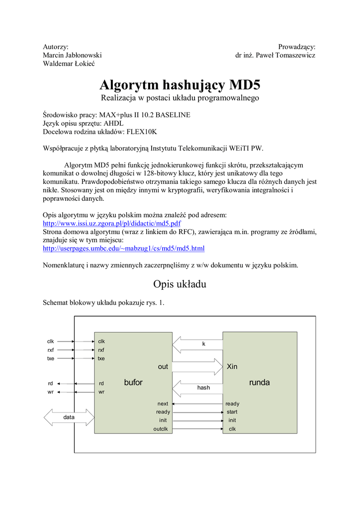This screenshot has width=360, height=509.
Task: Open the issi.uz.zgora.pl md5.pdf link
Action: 112,223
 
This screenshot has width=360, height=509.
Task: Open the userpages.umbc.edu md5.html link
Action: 124,248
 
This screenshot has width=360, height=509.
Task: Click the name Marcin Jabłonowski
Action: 72,55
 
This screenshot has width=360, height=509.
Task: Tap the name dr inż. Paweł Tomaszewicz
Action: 275,55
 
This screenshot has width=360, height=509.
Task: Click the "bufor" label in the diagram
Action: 133,383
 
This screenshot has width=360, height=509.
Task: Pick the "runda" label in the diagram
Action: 259,383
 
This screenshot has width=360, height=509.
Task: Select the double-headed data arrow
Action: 69,418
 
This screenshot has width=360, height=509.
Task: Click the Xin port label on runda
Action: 232,367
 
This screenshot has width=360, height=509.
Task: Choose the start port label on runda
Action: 232,412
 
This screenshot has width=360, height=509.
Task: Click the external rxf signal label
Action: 51,350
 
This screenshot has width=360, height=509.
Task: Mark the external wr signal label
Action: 51,392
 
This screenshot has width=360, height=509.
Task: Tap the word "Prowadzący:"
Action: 297,46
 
